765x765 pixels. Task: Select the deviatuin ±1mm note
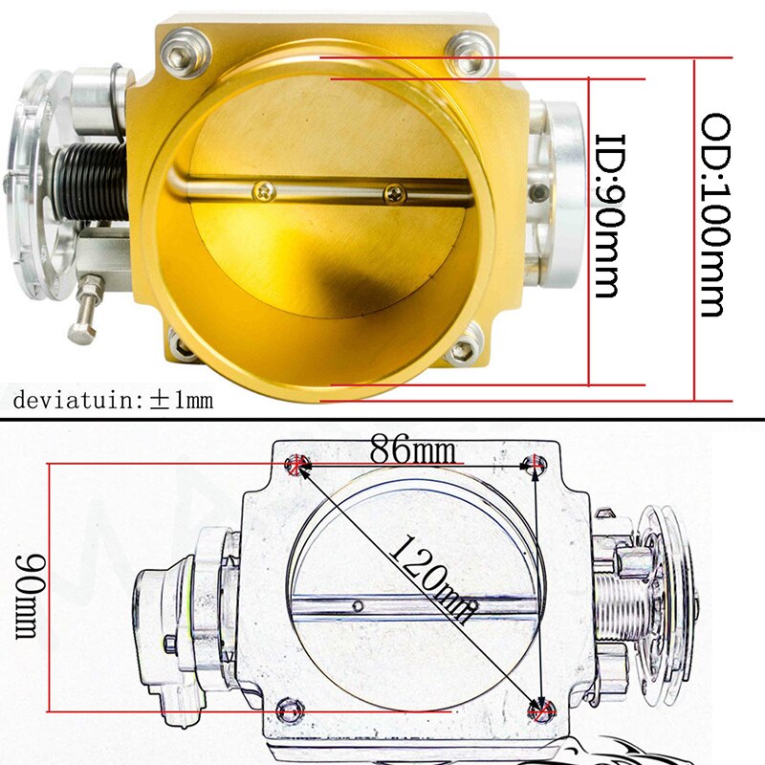click(113, 400)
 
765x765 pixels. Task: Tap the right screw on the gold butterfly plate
click(393, 194)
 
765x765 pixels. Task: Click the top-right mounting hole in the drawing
click(534, 465)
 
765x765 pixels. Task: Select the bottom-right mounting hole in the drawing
click(542, 710)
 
